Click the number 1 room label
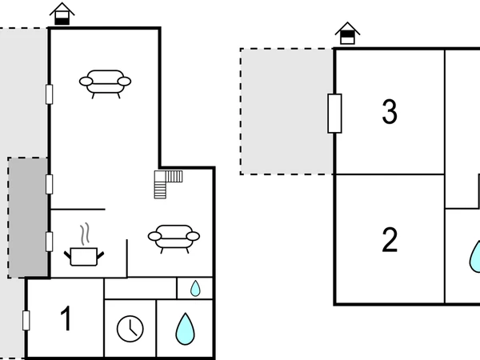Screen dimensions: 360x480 pos(66,320)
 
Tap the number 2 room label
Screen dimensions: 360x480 pos(390,240)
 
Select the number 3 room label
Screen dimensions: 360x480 pos(390,113)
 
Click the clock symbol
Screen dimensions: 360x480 pos(130,328)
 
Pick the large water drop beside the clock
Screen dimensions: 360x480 pos(186,327)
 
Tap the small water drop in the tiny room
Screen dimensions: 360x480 pos(195,287)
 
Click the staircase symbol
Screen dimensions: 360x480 pos(169,183)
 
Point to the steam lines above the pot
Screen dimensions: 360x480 pos(85,234)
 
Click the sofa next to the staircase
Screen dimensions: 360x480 pos(174,238)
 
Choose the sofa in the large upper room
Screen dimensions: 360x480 pos(106,82)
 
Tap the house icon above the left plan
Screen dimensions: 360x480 pos(62,14)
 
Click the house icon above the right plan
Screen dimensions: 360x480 pos(347,34)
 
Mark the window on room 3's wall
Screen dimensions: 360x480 pos(334,113)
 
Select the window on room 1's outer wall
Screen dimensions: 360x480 pos(26,320)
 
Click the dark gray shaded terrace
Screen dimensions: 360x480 pos(28,216)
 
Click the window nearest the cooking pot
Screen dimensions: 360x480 pos(49,241)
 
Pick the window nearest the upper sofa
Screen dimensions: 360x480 pos(49,94)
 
